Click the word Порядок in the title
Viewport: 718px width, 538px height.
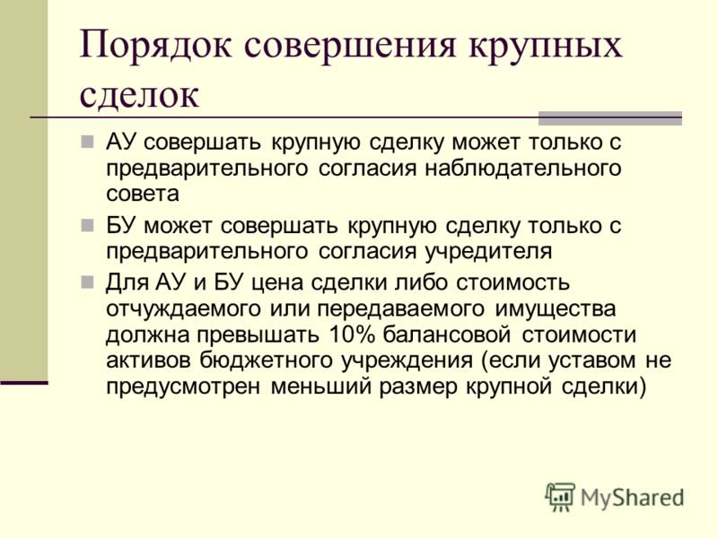point(155,45)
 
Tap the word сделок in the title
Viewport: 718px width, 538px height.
point(139,95)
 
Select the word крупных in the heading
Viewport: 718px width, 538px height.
point(544,46)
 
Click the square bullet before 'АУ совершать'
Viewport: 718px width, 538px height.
point(87,143)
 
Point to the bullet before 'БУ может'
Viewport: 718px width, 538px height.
point(87,225)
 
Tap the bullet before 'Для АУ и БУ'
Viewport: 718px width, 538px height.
point(87,282)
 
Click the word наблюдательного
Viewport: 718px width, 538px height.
point(523,169)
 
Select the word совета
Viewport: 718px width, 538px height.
point(143,194)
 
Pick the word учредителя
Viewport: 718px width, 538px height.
point(489,252)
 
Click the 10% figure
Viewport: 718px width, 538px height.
point(352,334)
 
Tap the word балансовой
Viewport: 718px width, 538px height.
point(446,334)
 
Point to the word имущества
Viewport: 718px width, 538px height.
point(556,309)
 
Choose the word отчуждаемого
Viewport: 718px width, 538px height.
point(183,309)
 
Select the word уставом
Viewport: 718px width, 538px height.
point(591,360)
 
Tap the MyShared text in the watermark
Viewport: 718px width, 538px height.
point(632,498)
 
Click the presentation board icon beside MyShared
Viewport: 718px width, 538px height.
point(560,497)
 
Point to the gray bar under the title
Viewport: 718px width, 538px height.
point(610,118)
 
